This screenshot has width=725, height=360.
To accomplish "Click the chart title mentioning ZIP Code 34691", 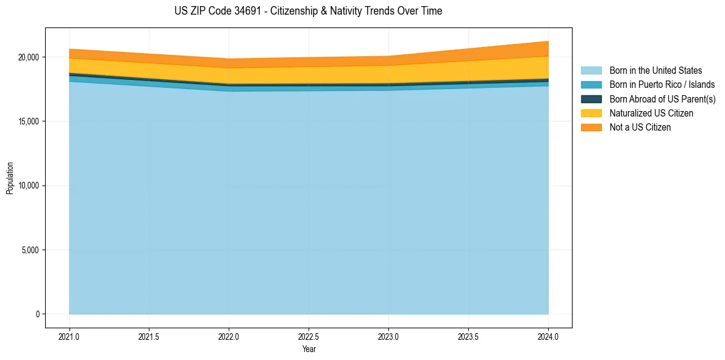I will point(308,11).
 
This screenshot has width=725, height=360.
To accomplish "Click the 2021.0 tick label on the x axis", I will point(70,336).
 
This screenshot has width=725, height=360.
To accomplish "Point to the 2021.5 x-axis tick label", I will point(149,336).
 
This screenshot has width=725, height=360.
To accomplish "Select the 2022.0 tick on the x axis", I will point(229,336).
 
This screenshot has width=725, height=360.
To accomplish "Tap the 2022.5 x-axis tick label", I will point(309,336).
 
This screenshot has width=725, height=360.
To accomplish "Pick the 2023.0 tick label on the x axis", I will point(388,336).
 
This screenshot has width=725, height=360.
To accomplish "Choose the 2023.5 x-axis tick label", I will point(468,336).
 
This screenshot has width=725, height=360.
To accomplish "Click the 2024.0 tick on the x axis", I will point(548,336).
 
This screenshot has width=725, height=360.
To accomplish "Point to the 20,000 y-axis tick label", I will point(29,57).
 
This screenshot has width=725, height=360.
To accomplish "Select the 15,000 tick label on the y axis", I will point(29,121).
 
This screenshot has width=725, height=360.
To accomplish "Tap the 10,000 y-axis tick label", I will point(29,185).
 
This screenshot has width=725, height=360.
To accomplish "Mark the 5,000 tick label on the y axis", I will point(30,250).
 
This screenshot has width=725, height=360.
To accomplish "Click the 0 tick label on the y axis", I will point(37,314).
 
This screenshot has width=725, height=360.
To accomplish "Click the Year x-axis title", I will point(309,350).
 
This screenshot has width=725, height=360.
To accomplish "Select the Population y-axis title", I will point(10,178).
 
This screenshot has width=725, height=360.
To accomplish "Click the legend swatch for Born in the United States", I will point(591,71).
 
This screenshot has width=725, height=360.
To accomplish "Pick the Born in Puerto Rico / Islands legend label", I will point(662,85).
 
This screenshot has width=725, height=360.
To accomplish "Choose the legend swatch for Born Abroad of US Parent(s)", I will point(591,99).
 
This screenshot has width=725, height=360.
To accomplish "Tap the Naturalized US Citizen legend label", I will point(651,113).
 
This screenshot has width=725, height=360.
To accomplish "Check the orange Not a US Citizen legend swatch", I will point(591,128).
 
